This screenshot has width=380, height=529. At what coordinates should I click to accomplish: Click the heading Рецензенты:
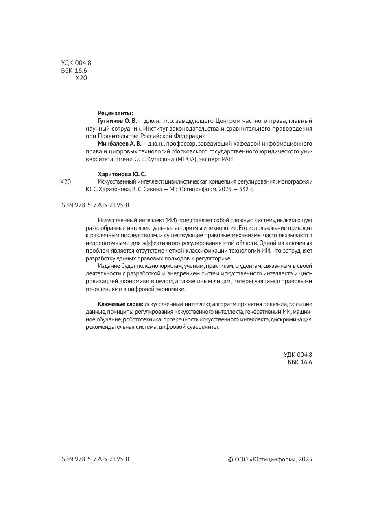click(x=115, y=113)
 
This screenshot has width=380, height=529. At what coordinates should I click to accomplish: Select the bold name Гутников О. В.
click(x=117, y=121)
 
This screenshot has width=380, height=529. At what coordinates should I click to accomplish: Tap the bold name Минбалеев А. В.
click(x=120, y=144)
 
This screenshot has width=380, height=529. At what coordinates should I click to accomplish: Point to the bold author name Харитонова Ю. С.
click(x=122, y=174)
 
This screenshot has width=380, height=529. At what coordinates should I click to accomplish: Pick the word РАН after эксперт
click(x=227, y=159)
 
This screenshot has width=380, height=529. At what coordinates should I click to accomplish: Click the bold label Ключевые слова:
click(x=120, y=304)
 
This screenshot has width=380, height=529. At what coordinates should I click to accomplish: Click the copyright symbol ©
click(x=230, y=459)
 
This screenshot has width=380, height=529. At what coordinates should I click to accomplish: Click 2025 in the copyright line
click(x=305, y=459)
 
